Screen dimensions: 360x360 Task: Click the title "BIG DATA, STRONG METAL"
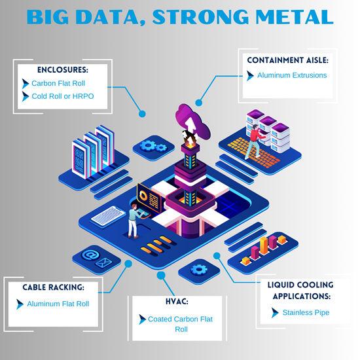point(180,16)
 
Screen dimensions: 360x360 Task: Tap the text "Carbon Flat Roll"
point(58,84)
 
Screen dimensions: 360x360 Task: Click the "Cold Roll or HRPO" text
point(62,97)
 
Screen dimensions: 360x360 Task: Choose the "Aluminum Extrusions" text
point(292,75)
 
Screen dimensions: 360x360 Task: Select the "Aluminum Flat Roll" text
point(58,304)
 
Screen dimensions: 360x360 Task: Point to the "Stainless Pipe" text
point(306,313)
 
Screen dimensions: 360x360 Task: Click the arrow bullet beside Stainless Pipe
point(275,313)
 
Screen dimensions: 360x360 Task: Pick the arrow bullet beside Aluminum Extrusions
point(250,75)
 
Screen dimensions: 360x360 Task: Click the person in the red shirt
point(253,141)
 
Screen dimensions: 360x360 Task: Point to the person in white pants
point(133,219)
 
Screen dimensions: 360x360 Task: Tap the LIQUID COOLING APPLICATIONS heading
point(301,290)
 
